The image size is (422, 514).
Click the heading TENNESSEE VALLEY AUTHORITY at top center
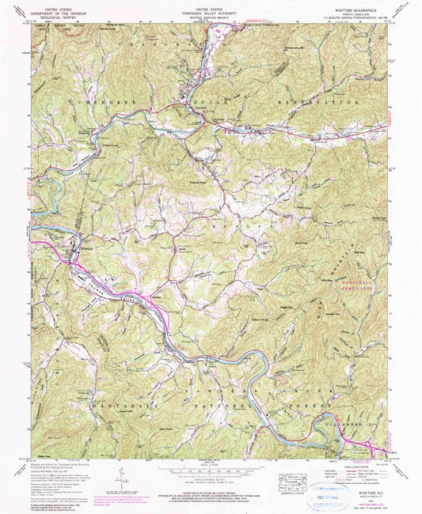pos(211,9)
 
